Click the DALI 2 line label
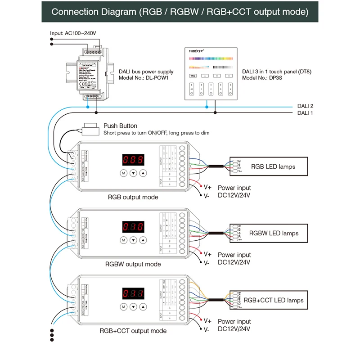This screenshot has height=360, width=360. click(305, 106)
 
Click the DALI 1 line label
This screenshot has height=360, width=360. click(305, 113)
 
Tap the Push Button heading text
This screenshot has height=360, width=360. click(120, 126)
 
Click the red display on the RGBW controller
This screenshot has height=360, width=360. click(133, 226)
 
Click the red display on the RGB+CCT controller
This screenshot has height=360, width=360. click(133, 293)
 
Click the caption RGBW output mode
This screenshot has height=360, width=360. click(133, 264)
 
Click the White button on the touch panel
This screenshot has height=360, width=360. click(193, 76)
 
